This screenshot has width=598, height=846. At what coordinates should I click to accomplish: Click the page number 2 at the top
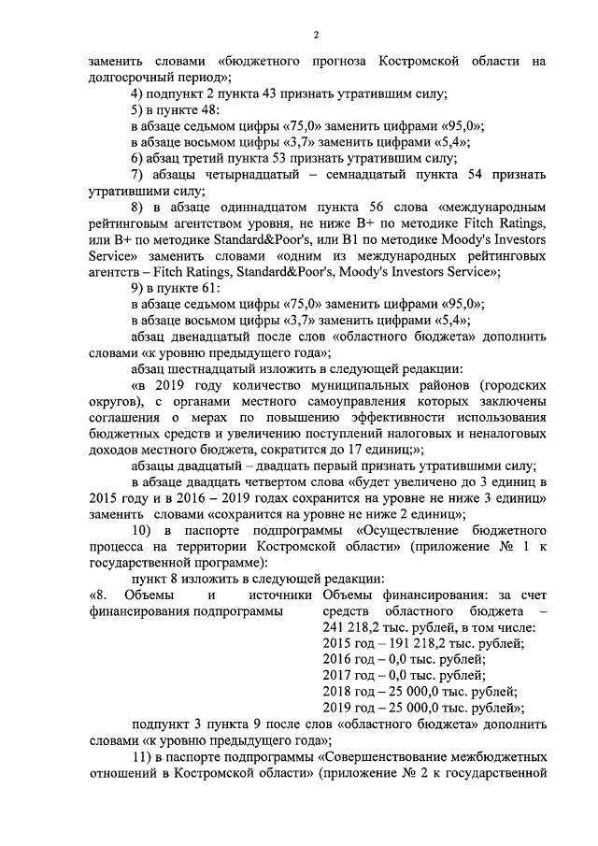coord(316,35)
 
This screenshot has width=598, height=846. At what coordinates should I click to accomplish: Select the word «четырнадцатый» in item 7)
coord(241,177)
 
